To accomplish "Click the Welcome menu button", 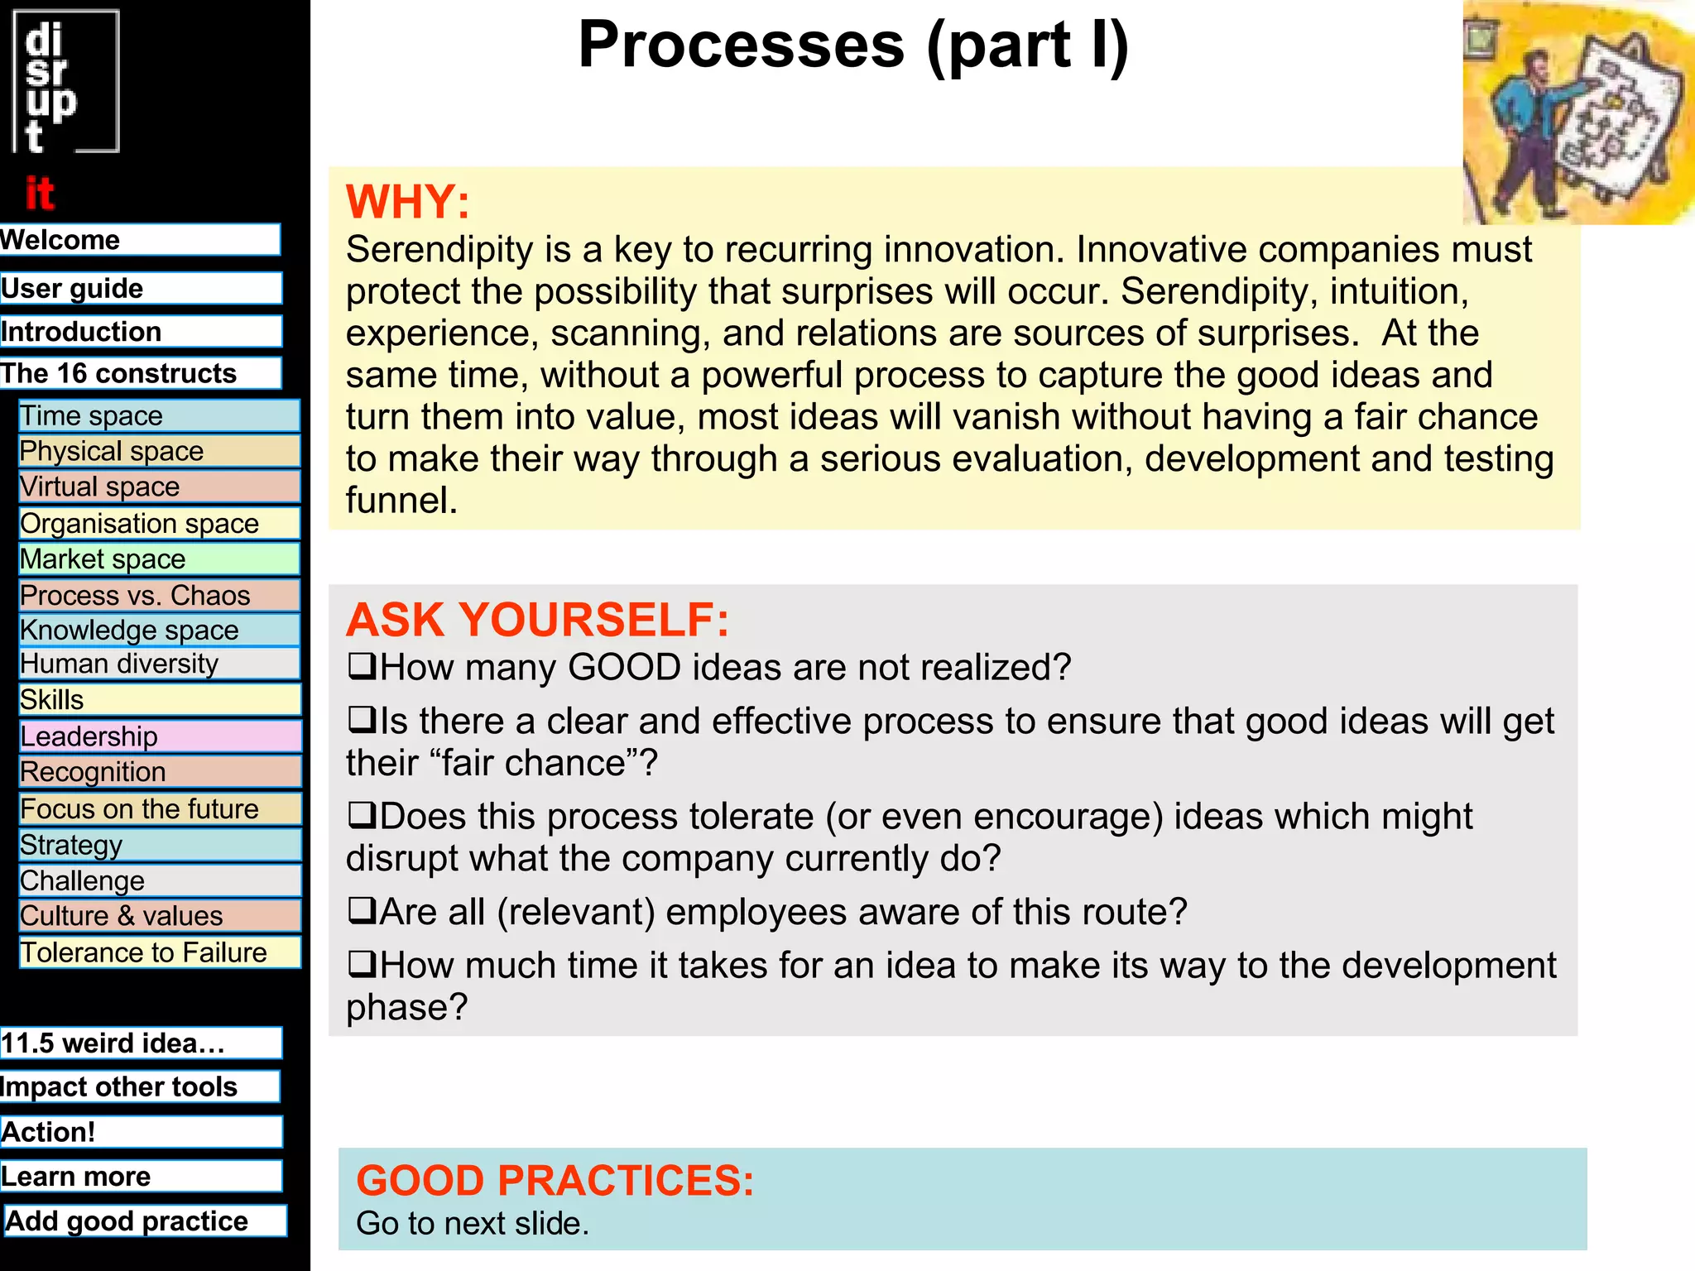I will [x=139, y=240].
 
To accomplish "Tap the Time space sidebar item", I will [x=159, y=415].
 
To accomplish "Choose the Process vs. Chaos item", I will [x=159, y=595].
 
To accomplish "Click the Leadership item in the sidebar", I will [x=159, y=736].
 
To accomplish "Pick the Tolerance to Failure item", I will [x=159, y=952].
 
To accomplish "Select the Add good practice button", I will [x=145, y=1221].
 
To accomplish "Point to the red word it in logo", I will [x=39, y=194].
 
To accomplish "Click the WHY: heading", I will [x=407, y=202].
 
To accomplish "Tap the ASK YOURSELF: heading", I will [x=537, y=620].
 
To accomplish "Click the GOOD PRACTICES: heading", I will [x=555, y=1180].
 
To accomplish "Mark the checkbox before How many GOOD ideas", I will [x=361, y=666].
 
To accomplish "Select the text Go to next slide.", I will [x=472, y=1224].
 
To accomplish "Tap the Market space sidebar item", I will [x=159, y=559].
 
